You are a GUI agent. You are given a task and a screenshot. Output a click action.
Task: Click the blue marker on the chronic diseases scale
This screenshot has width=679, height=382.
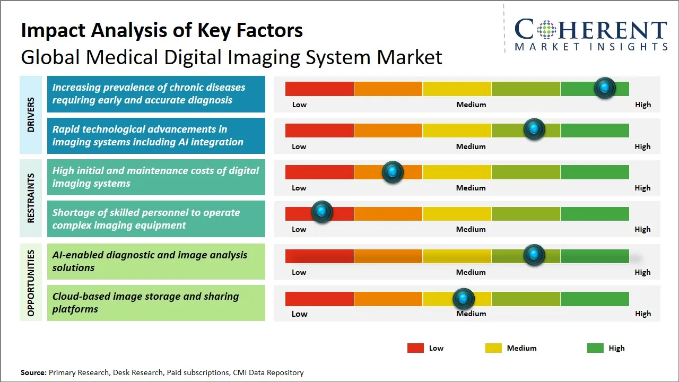point(605,88)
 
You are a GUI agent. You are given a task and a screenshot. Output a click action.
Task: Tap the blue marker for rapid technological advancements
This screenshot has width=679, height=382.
point(534,129)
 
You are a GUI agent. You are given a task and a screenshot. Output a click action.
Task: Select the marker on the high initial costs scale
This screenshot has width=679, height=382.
point(393,171)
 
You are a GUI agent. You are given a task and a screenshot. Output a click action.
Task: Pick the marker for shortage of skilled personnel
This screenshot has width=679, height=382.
point(321,212)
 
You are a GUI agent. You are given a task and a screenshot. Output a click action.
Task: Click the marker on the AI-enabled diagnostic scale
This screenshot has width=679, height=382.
point(534,255)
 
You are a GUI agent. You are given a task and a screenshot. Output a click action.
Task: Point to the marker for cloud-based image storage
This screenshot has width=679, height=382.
point(464,299)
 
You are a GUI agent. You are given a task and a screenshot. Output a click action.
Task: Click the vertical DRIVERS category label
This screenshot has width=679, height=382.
point(31,115)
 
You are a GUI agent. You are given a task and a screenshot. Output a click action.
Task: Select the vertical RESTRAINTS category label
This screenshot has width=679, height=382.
point(31,198)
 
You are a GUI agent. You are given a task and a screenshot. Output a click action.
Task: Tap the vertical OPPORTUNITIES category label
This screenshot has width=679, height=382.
point(31,283)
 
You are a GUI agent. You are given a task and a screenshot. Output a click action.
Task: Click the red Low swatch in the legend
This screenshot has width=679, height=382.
point(415,348)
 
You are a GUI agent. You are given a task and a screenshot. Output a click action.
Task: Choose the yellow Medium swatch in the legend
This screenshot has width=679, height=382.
point(493,348)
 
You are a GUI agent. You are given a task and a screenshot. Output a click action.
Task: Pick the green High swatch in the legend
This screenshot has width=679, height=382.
point(595,348)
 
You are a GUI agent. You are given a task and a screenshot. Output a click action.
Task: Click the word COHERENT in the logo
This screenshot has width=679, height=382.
point(591,30)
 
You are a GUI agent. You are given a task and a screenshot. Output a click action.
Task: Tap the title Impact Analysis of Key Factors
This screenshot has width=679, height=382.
point(162,30)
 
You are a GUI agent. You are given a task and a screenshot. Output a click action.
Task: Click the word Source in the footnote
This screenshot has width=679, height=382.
point(33,372)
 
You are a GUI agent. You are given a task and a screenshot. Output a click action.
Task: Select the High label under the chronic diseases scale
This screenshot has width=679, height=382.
point(642,105)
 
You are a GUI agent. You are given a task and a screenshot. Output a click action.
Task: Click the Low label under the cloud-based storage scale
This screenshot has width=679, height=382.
point(299,314)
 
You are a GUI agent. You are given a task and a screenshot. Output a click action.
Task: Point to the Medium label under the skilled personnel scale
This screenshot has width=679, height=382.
point(471,229)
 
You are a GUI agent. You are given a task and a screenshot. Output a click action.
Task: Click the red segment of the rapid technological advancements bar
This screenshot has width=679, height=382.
point(319,131)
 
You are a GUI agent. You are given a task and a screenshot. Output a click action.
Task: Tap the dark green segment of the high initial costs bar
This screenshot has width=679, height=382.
point(594,172)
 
